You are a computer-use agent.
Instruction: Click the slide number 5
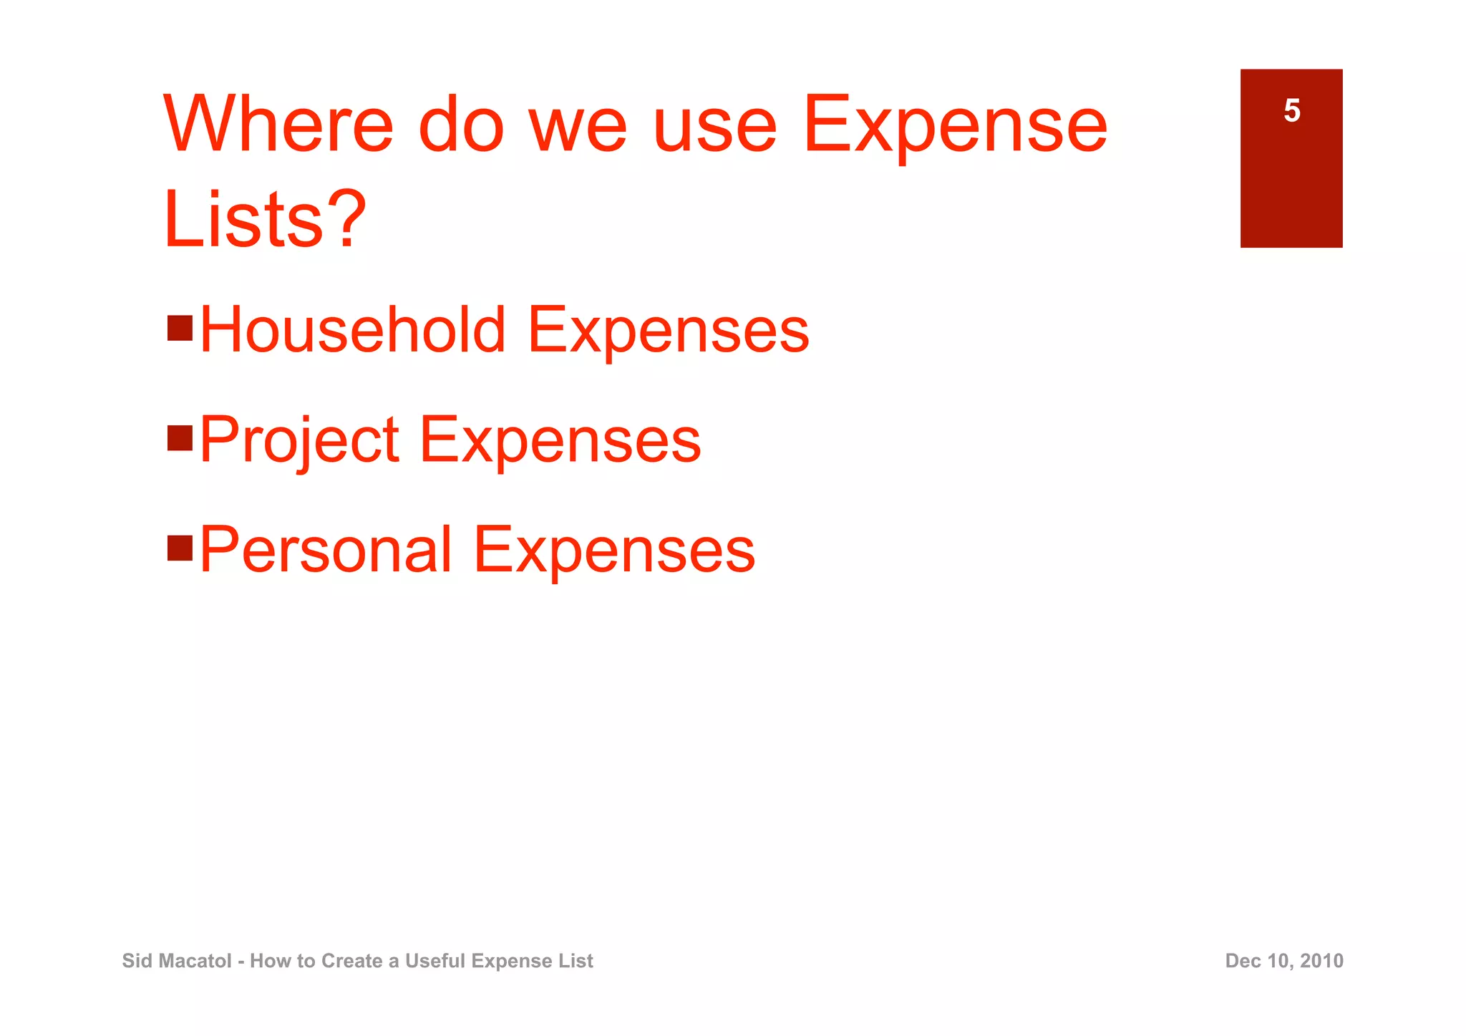click(1291, 111)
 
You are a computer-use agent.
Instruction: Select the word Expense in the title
click(955, 126)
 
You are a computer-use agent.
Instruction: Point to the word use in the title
click(714, 126)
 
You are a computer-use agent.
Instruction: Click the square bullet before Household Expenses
click(180, 329)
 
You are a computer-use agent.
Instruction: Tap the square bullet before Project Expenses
click(180, 438)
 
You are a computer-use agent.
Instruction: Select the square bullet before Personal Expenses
click(180, 548)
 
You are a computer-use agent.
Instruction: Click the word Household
click(353, 330)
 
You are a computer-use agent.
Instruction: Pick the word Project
click(298, 440)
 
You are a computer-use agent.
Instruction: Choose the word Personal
click(326, 550)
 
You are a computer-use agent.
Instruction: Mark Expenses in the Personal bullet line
click(613, 551)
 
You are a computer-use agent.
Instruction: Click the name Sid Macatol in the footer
click(177, 961)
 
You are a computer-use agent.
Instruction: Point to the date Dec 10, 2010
click(1283, 961)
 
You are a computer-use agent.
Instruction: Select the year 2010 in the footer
click(1321, 961)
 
